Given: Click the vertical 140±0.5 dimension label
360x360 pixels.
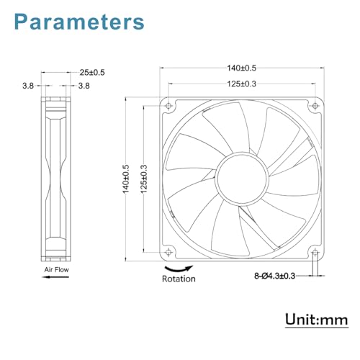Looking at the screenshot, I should pyautogui.click(x=126, y=177).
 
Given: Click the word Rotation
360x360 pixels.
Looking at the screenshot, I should pyautogui.click(x=179, y=279).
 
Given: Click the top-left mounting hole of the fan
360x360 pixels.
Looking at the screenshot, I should pyautogui.click(x=169, y=104).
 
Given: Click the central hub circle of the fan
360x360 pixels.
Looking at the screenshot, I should pyautogui.click(x=240, y=177).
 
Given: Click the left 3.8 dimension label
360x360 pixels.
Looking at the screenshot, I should pyautogui.click(x=27, y=86).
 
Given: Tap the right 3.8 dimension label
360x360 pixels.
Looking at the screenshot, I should pyautogui.click(x=83, y=86).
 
